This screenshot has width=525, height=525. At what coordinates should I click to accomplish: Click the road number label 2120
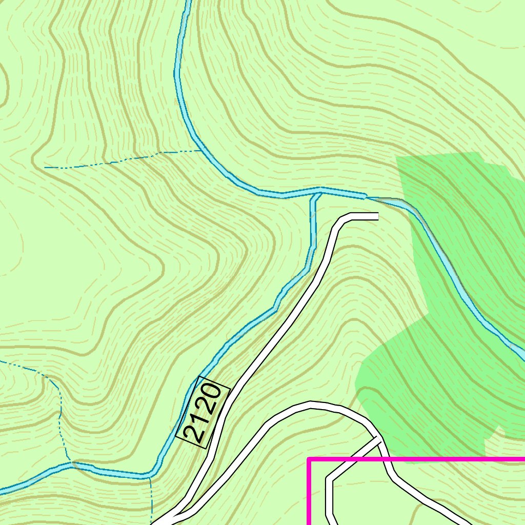pos(203,413)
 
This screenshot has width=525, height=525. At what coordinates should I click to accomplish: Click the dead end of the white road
pos(377,216)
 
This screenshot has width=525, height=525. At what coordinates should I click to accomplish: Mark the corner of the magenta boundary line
pos(309,459)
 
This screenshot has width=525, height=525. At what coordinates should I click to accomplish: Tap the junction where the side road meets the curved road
pos(379,439)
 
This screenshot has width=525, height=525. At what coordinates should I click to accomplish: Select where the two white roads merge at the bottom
pos(169,518)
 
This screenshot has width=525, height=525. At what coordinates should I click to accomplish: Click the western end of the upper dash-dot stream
pos(45,167)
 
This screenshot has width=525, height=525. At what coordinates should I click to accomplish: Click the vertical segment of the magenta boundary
pos(309,492)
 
